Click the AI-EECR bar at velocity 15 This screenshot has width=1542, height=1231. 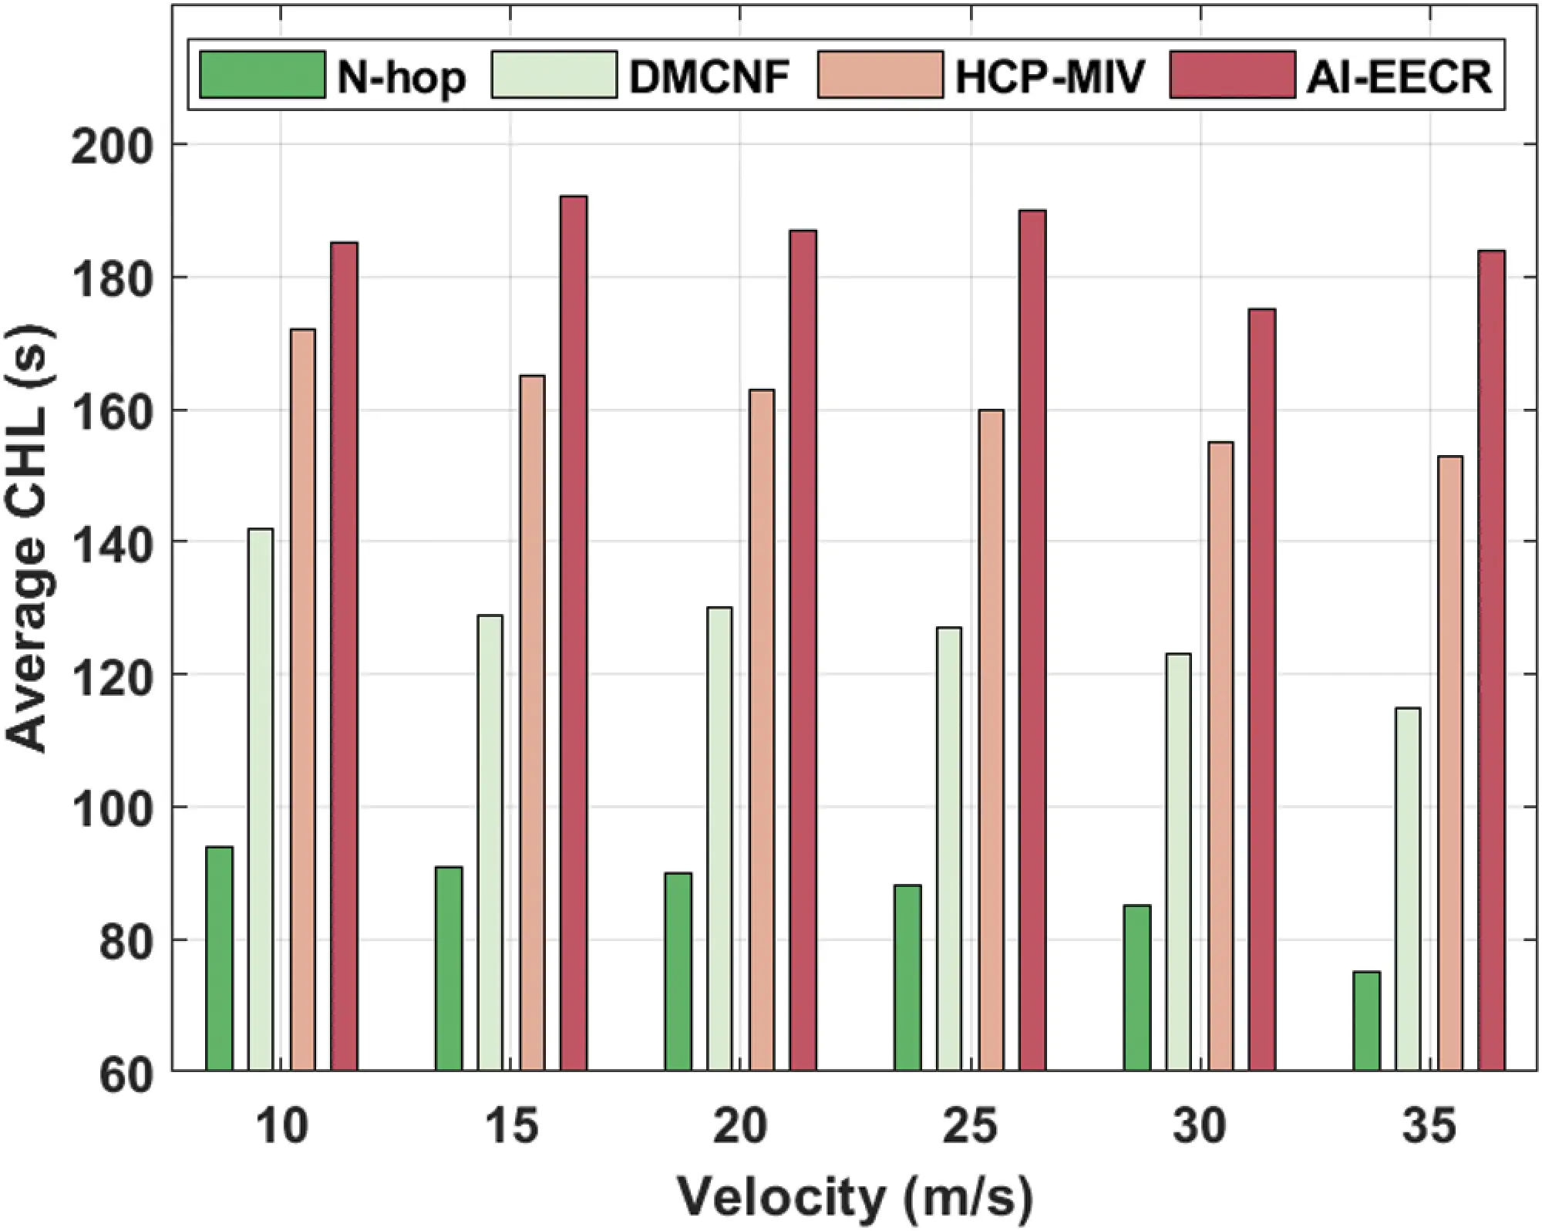tap(574, 632)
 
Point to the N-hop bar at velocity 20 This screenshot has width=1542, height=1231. tap(678, 971)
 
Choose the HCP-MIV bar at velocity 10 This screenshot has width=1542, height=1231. tap(302, 699)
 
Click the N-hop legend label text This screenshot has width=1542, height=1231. tap(402, 76)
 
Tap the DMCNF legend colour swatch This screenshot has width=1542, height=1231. tap(554, 75)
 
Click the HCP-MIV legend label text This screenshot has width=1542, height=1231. tap(1050, 76)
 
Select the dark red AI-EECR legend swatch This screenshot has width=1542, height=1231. tap(1231, 75)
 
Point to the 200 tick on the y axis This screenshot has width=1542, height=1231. tap(113, 145)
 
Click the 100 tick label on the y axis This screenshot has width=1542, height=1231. tap(113, 808)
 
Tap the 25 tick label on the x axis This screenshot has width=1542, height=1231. tap(970, 1127)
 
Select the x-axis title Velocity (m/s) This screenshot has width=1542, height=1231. tap(854, 1197)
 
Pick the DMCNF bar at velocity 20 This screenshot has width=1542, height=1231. tap(719, 838)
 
